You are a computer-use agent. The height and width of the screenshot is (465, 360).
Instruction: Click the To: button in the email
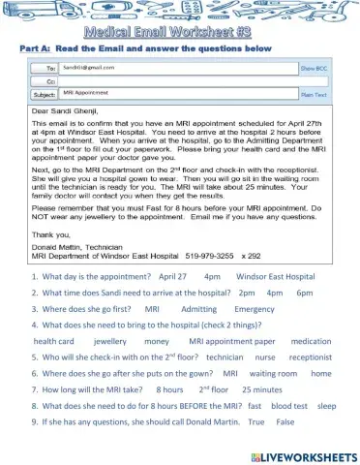(43, 70)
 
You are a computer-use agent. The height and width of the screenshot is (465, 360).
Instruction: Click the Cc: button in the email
(43, 82)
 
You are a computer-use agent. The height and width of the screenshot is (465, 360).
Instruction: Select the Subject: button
(43, 95)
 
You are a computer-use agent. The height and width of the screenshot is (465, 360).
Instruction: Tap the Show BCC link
(315, 70)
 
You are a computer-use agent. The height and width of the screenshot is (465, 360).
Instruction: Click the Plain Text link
(314, 95)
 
